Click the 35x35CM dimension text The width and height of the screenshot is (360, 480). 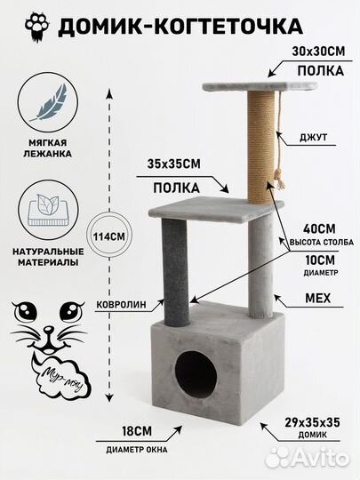[x=174, y=164]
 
